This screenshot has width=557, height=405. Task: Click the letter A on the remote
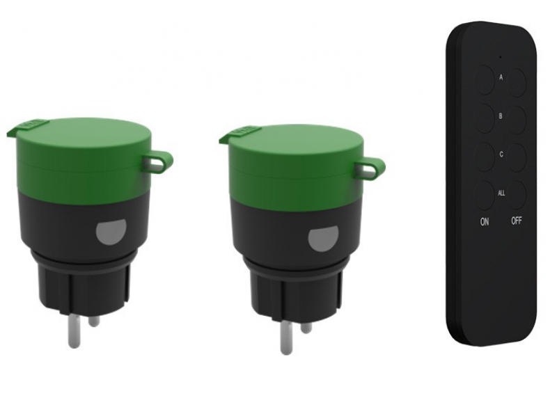501,77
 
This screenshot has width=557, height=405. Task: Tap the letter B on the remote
501,116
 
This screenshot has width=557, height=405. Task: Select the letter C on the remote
501,154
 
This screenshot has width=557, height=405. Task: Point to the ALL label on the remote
501,193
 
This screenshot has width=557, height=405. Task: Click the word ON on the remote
484,222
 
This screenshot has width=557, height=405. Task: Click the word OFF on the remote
517,221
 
